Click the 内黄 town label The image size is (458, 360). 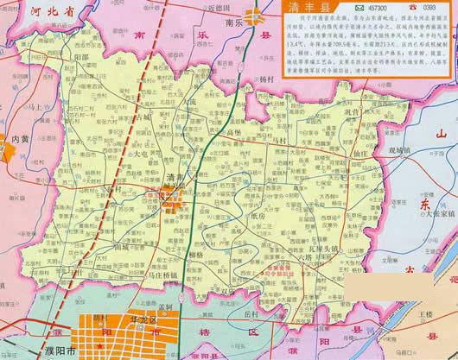coord(20,138)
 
